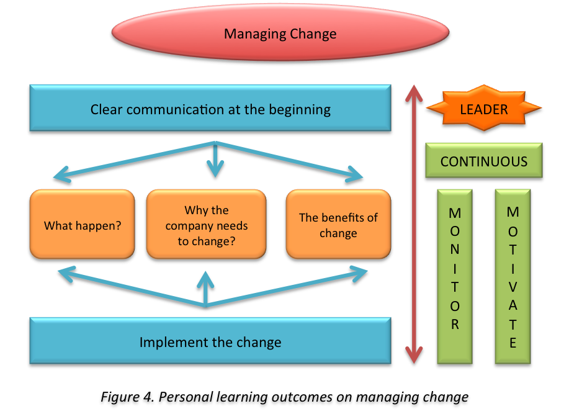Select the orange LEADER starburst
click(x=483, y=109)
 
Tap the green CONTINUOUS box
click(x=483, y=161)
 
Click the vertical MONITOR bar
click(x=455, y=276)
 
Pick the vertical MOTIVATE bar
click(x=513, y=276)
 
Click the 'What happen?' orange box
click(x=82, y=225)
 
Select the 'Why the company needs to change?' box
click(x=206, y=225)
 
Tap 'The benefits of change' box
click(x=338, y=225)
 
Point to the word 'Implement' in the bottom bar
click(x=169, y=342)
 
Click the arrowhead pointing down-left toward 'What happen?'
click(x=61, y=177)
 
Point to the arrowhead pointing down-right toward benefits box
click(x=356, y=174)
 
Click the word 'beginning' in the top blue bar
click(x=300, y=110)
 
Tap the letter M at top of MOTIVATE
click(x=513, y=212)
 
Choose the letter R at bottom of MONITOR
click(x=455, y=325)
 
